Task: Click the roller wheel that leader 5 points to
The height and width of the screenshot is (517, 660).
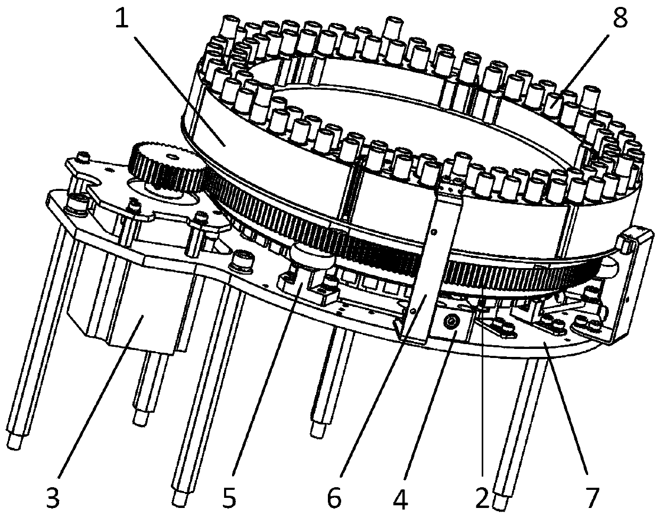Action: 313,255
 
